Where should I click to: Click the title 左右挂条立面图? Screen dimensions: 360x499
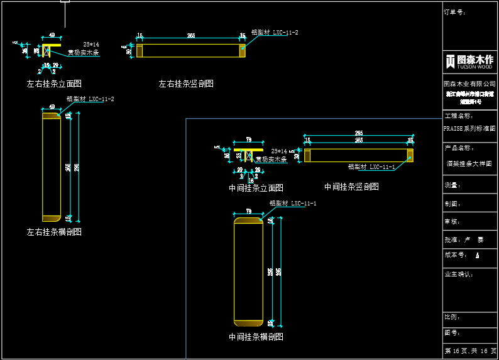pos(54,84)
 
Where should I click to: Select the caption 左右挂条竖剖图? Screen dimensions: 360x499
pos(186,84)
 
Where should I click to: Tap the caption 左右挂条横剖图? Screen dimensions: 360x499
pos(54,232)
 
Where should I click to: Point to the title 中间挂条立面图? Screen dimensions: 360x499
pos(256,188)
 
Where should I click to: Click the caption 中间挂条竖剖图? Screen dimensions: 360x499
pos(351,187)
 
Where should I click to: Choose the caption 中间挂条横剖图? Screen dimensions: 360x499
pos(256,337)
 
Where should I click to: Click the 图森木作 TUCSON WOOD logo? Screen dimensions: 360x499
pos(469,62)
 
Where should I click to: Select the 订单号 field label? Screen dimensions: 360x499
pos(454,12)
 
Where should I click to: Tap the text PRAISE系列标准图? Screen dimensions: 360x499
pos(469,128)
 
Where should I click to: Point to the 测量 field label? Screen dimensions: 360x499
pos(452,185)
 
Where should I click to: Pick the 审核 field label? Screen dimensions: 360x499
pos(452,221)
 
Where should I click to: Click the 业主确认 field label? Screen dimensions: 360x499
pos(458,274)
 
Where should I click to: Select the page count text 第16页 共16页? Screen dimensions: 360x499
pos(470,351)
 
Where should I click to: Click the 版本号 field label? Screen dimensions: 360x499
pos(454,255)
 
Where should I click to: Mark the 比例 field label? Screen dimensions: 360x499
pos(452,317)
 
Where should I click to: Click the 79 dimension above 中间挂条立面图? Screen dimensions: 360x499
pos(248,139)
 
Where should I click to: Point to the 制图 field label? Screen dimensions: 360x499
pos(452,204)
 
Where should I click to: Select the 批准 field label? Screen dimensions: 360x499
pos(452,239)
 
